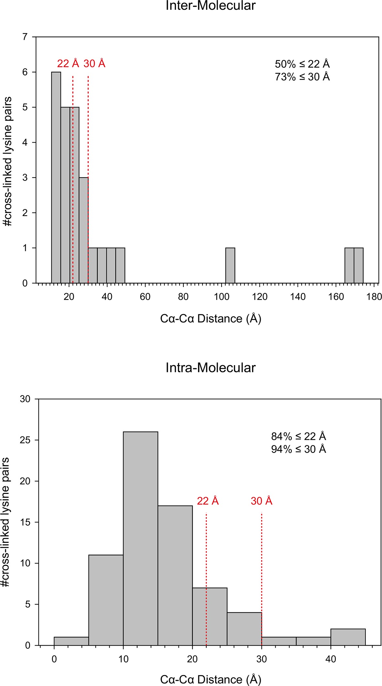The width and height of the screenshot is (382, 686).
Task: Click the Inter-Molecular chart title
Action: click(211, 6)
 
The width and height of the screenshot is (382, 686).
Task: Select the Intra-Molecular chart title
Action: click(211, 368)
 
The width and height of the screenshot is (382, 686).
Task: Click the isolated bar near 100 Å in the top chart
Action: click(230, 265)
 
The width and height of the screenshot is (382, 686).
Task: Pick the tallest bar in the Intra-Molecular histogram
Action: click(140, 538)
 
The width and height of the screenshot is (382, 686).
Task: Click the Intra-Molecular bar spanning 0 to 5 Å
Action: click(71, 641)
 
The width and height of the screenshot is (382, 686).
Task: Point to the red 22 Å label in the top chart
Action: click(68, 63)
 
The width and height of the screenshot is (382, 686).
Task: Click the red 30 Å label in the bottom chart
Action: click(261, 501)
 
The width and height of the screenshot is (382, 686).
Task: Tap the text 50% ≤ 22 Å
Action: click(302, 64)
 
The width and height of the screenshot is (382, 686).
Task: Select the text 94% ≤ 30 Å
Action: click(298, 449)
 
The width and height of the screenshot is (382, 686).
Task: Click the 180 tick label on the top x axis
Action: click(374, 297)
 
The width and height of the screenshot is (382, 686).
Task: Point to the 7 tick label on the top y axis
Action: click(25, 37)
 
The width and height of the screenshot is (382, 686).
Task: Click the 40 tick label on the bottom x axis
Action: click(331, 659)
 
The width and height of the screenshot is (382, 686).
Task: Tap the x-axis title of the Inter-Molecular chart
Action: click(211, 319)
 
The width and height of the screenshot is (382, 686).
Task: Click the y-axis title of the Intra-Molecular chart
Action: click(7, 522)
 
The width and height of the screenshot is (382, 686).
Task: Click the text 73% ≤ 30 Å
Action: click(302, 77)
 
